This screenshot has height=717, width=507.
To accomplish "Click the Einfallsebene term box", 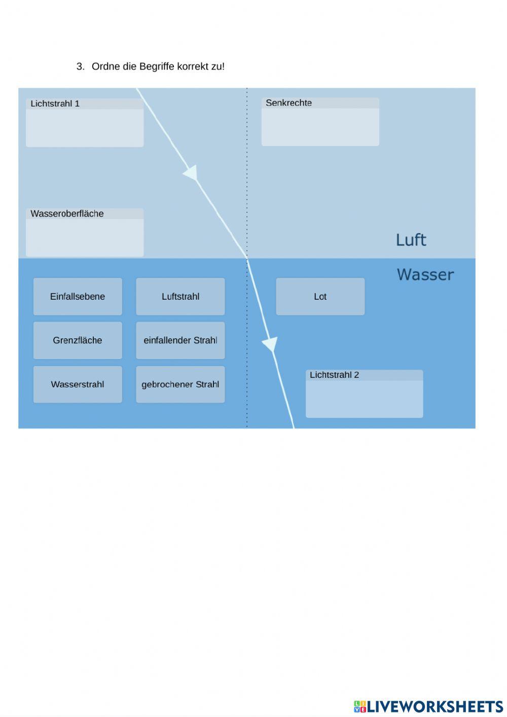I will pyautogui.click(x=78, y=297).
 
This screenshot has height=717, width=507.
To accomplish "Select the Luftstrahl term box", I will pyautogui.click(x=180, y=297).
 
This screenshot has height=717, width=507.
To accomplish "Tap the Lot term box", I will pyautogui.click(x=320, y=297).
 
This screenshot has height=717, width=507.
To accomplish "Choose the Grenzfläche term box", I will pyautogui.click(x=78, y=340).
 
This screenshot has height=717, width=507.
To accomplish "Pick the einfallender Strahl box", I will pyautogui.click(x=180, y=340).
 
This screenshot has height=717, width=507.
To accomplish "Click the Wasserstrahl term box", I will pyautogui.click(x=78, y=384).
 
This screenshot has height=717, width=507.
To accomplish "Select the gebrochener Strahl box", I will pyautogui.click(x=180, y=384).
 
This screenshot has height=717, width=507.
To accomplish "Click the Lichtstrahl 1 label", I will pyautogui.click(x=55, y=104).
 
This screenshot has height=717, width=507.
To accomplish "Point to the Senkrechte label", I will pyautogui.click(x=288, y=103).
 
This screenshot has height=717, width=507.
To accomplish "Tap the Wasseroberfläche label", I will pyautogui.click(x=67, y=213).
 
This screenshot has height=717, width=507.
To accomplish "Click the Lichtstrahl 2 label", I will pyautogui.click(x=334, y=375).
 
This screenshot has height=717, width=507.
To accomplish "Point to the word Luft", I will pyautogui.click(x=411, y=240).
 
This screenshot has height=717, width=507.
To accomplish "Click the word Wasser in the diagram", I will pyautogui.click(x=425, y=274).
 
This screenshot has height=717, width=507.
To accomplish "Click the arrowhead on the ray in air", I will pyautogui.click(x=191, y=173).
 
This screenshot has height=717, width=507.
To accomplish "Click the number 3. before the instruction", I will pyautogui.click(x=80, y=66).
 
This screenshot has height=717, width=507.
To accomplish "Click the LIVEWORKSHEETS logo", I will pyautogui.click(x=428, y=706).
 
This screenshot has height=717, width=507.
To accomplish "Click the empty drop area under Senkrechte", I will pyautogui.click(x=320, y=127).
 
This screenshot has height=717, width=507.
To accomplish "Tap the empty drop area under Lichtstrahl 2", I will pyautogui.click(x=364, y=399).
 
